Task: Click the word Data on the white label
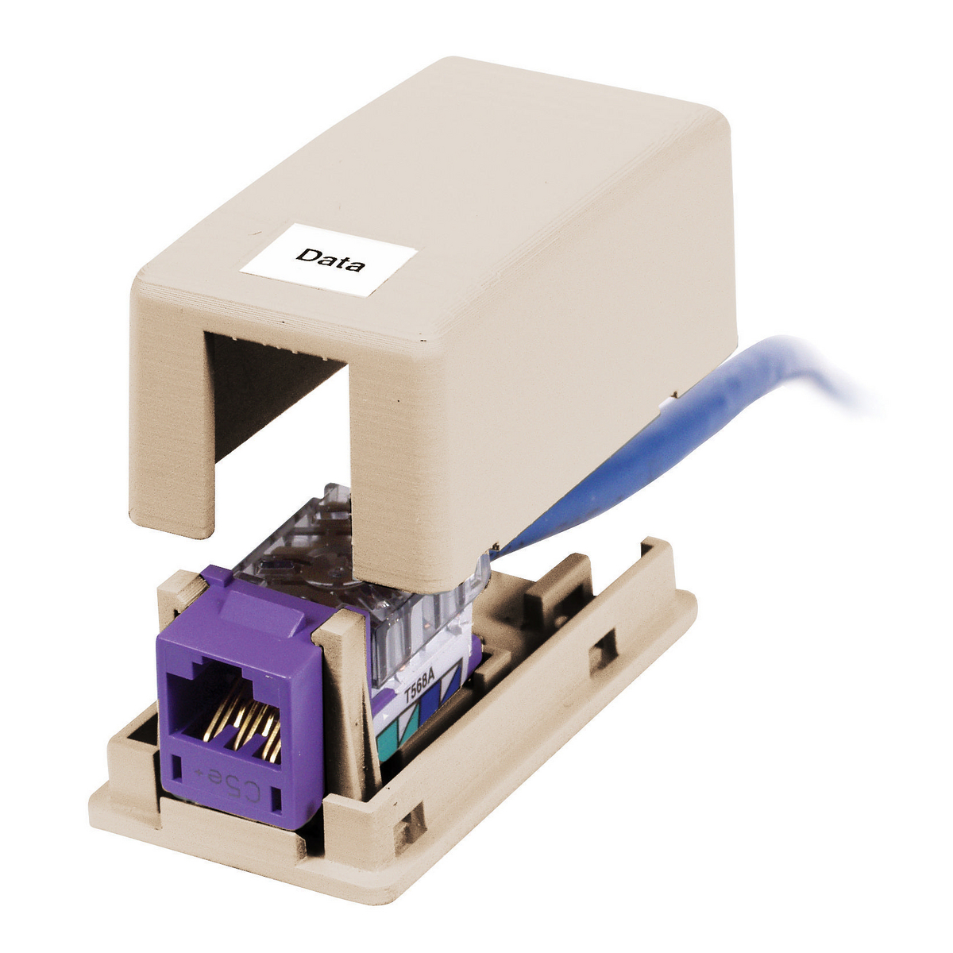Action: [330, 260]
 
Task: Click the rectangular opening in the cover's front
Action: [278, 429]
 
